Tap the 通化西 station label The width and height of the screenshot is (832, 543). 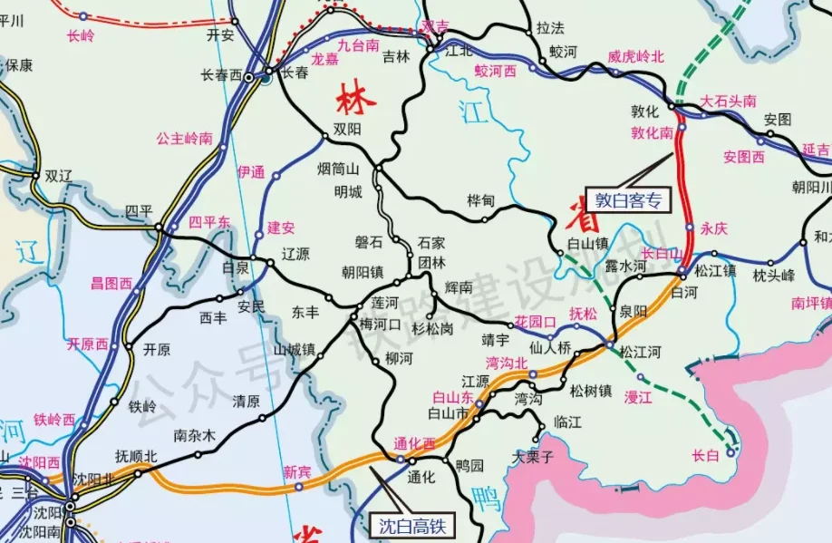pos(415,443)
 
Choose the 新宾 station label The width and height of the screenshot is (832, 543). pos(297,470)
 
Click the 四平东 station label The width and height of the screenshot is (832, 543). pos(209,221)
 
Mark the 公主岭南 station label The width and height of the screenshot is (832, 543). pos(184,139)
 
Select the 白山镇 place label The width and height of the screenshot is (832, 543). pos(585,243)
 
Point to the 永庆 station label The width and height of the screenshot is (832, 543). pos(714,228)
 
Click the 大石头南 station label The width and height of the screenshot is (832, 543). pos(729,101)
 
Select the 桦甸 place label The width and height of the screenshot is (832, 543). pos(481,199)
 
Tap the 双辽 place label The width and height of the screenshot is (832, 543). pos(58,176)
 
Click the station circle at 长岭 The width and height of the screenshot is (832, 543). pos(83,16)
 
